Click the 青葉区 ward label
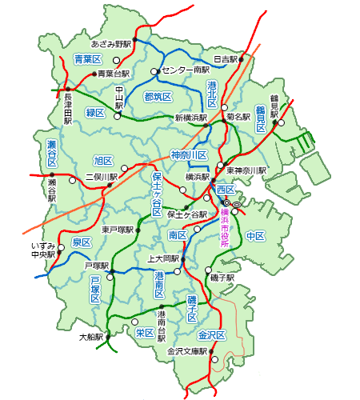tap(87, 60)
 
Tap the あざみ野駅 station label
tap(111, 44)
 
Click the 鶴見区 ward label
tap(261, 118)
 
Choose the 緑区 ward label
tap(95, 113)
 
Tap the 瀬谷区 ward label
tap(51, 153)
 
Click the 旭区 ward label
tap(103, 160)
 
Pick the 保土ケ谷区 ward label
tap(158, 194)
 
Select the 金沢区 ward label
tap(214, 334)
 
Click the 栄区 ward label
tap(145, 333)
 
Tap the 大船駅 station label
tap(90, 337)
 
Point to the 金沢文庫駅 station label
tap(186, 351)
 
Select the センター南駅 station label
tap(185, 70)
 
